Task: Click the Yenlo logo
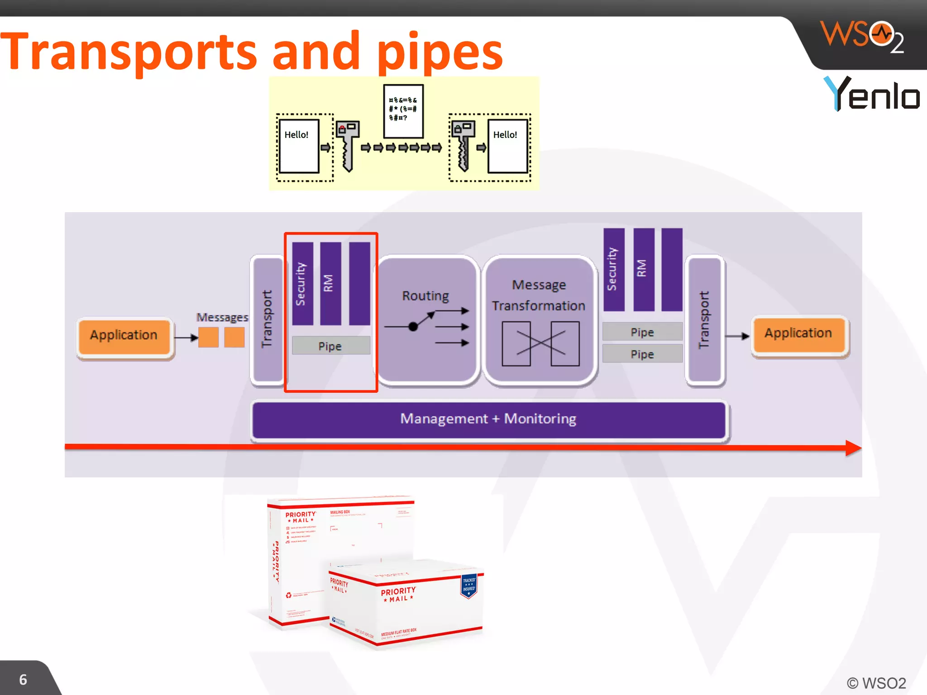click(x=871, y=94)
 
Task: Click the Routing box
click(x=427, y=319)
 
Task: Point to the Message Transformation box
click(x=539, y=319)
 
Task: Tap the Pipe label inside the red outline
click(x=330, y=346)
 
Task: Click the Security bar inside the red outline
click(x=302, y=283)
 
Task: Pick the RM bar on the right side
click(x=643, y=269)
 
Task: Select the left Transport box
click(x=267, y=319)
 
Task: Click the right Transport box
click(x=704, y=319)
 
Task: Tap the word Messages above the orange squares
click(x=222, y=317)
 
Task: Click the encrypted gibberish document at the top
click(x=403, y=111)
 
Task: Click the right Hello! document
click(x=507, y=146)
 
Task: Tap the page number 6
click(x=23, y=680)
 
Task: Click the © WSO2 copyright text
click(x=876, y=683)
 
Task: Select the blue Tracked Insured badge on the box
click(x=469, y=586)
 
